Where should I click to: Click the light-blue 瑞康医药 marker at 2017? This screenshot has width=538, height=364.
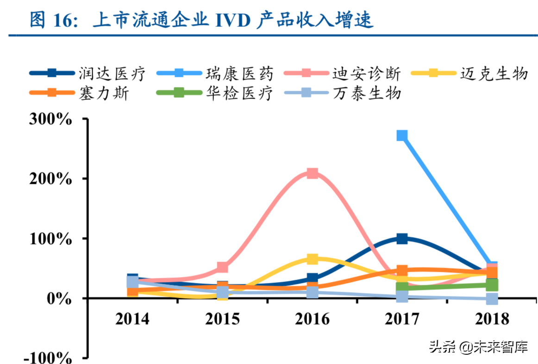tap(402, 136)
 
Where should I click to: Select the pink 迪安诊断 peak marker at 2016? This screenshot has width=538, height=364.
tap(313, 174)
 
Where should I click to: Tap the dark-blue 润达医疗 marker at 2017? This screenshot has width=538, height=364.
tap(402, 239)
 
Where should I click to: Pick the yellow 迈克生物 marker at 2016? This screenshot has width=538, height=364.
tap(313, 259)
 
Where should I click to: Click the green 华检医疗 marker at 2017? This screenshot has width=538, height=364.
tap(402, 288)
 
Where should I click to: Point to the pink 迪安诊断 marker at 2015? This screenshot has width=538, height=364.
tap(223, 267)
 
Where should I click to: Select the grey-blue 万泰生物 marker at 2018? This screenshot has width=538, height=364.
tap(492, 299)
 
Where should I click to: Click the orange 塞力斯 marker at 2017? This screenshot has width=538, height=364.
tap(402, 270)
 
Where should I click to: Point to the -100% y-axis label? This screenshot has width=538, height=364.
tap(48, 358)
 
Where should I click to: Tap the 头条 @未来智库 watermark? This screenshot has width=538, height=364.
tap(478, 346)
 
